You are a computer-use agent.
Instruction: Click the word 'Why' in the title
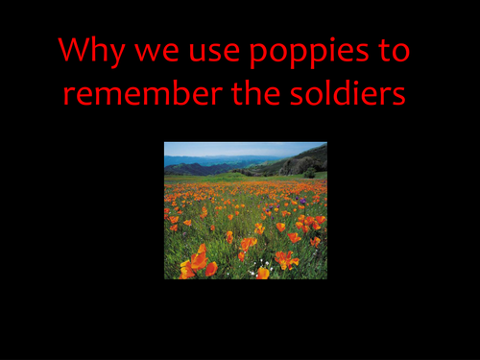coord(90,52)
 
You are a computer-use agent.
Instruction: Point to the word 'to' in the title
coord(392,52)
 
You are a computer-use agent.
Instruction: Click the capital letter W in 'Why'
coord(76,51)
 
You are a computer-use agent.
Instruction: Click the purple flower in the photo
coord(301,202)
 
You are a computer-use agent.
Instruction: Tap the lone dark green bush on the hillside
coord(308,172)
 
